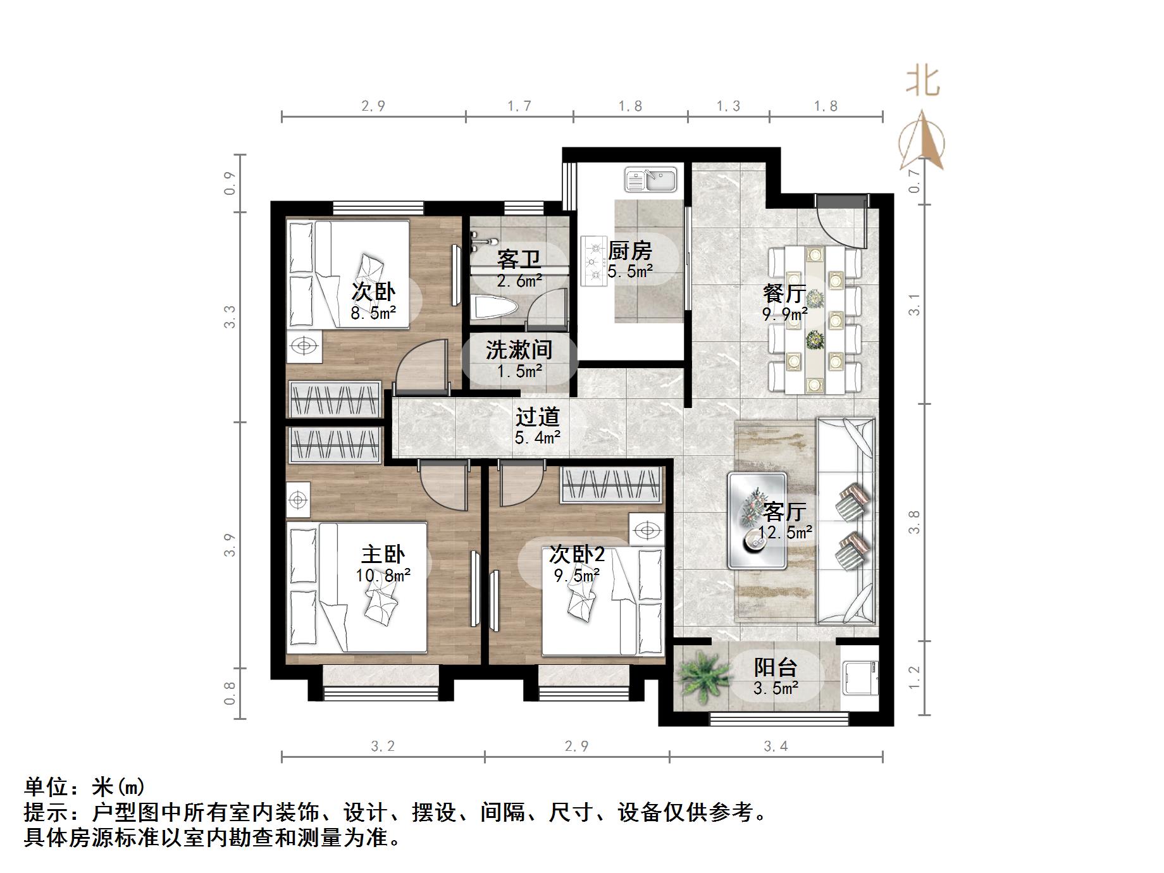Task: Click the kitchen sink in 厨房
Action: (651, 179)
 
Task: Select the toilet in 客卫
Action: (495, 307)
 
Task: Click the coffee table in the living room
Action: (757, 520)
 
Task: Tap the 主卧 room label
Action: (383, 554)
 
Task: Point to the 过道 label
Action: (537, 416)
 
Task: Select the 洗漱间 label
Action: (519, 349)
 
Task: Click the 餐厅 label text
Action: (784, 293)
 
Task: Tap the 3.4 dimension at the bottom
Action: (776, 746)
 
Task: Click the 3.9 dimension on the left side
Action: (230, 545)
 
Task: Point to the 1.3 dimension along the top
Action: (728, 106)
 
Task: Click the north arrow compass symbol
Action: (922, 142)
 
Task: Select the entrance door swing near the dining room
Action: (840, 221)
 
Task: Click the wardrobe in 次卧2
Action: (612, 485)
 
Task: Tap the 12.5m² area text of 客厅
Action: (785, 533)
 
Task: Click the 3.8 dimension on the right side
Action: (914, 522)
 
